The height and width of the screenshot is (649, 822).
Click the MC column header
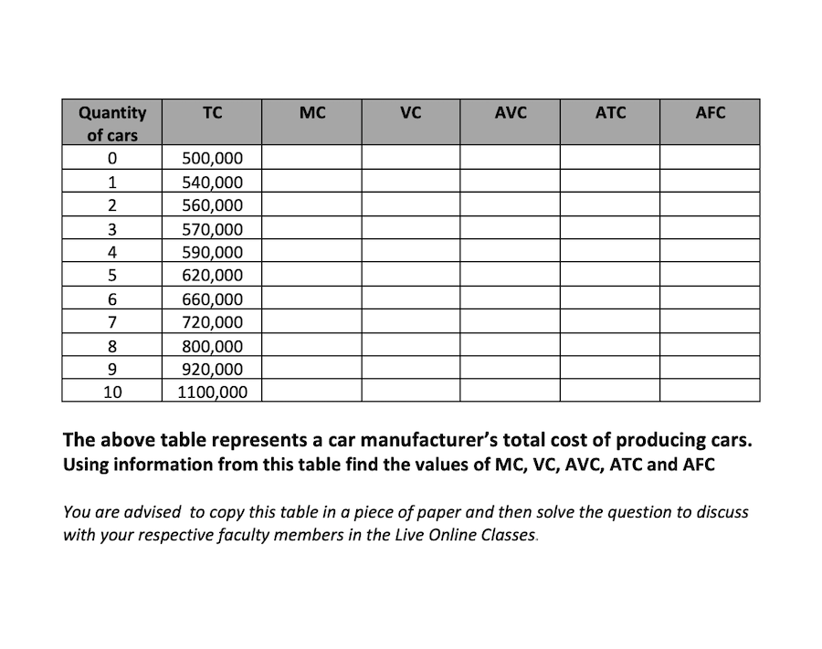(311, 113)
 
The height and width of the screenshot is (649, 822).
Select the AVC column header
(511, 113)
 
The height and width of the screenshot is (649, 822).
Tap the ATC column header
(610, 113)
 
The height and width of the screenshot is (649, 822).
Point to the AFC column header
(710, 113)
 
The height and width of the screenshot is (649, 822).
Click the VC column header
(411, 113)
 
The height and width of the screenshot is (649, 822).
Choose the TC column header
(212, 113)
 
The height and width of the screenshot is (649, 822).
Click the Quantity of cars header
(111, 123)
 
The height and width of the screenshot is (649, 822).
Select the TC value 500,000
(212, 158)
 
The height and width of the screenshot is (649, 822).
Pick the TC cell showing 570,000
(212, 228)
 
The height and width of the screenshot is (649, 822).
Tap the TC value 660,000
(212, 298)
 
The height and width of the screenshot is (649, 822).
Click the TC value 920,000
(212, 369)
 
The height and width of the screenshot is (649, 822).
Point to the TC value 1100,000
(212, 393)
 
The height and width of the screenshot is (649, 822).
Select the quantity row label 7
(111, 322)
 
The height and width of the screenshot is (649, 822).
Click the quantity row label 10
(111, 393)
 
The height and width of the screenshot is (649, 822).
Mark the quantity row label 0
(111, 158)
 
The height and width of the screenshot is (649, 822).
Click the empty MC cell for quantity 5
(311, 275)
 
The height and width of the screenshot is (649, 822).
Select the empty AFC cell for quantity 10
(710, 393)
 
